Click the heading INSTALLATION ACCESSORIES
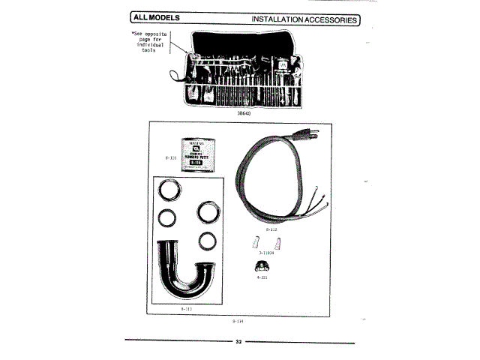tap(304, 19)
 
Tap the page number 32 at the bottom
tap(239, 343)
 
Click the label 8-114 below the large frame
tap(238, 322)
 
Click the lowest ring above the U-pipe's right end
tap(208, 241)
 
